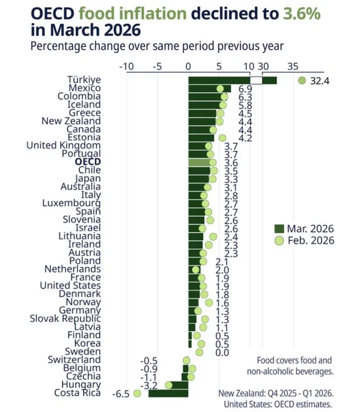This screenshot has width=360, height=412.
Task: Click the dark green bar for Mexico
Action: click(x=210, y=88)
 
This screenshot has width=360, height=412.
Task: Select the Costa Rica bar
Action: click(x=168, y=393)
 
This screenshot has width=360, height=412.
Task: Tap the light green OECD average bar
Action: click(x=199, y=162)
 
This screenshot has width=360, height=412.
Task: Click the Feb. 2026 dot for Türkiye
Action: click(x=302, y=81)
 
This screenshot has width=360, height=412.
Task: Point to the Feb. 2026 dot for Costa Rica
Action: click(x=137, y=393)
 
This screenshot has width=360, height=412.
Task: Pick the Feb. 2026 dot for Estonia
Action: click(x=222, y=138)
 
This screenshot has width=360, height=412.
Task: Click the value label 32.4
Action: click(x=319, y=81)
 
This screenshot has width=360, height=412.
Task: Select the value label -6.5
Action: click(x=121, y=394)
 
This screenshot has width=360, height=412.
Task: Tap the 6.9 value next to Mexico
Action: click(x=245, y=89)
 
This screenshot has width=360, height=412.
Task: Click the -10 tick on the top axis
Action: click(x=127, y=67)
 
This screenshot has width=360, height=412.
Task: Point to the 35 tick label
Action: click(x=293, y=67)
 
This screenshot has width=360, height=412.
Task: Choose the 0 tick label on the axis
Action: click(x=188, y=67)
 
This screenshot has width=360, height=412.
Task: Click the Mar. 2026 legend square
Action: click(x=279, y=229)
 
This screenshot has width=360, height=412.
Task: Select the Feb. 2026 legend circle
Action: click(x=279, y=241)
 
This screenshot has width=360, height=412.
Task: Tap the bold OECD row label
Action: click(x=88, y=162)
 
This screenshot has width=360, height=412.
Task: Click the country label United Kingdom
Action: click(x=64, y=145)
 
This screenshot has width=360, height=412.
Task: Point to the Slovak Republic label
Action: click(x=65, y=319)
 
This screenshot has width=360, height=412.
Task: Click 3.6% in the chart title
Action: click(x=302, y=13)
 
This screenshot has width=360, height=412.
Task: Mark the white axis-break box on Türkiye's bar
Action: click(x=256, y=81)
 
